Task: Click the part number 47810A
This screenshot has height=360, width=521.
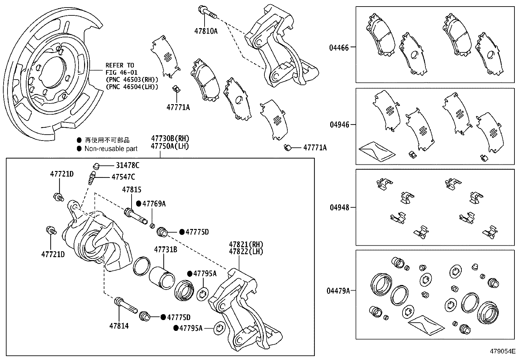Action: point(206,31)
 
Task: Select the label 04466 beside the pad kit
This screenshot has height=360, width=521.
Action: point(339,47)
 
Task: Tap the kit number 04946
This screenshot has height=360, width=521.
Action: point(339,125)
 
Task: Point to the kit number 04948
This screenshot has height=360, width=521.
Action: point(339,207)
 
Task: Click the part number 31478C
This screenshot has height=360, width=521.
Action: point(127,166)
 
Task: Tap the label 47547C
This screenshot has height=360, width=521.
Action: point(123,177)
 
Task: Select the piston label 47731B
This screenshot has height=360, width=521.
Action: point(166,250)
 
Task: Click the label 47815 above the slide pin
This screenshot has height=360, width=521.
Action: point(132,190)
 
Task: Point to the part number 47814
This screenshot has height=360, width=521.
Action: point(119,326)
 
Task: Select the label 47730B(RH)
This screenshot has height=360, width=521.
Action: point(170,139)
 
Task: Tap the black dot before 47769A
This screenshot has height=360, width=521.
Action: point(138,204)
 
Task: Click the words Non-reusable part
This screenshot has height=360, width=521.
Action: point(111,149)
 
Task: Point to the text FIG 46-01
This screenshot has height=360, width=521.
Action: point(121,73)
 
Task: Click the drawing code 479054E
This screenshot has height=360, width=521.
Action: point(502,351)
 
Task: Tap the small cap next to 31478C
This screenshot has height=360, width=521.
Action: point(96,165)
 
